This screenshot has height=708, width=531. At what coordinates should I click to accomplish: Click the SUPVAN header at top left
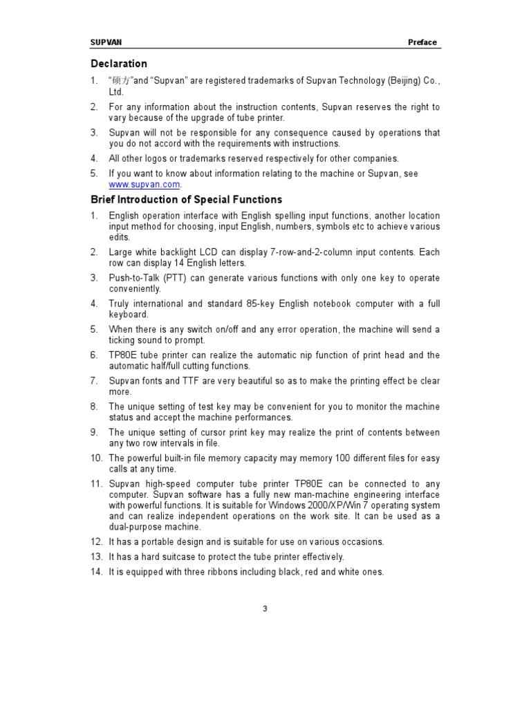coord(106,42)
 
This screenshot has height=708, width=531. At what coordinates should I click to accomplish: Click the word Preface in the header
coord(422,42)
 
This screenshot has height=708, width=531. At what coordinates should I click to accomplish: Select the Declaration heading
coord(119,64)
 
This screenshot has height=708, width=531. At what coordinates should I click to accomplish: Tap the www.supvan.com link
coord(145,185)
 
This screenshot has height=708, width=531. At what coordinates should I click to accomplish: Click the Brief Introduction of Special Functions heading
coord(187,200)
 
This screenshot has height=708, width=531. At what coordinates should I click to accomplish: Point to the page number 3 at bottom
coord(265,608)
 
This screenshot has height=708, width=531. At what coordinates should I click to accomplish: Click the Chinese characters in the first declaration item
coord(122,81)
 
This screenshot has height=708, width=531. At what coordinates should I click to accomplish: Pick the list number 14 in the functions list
coord(96,572)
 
